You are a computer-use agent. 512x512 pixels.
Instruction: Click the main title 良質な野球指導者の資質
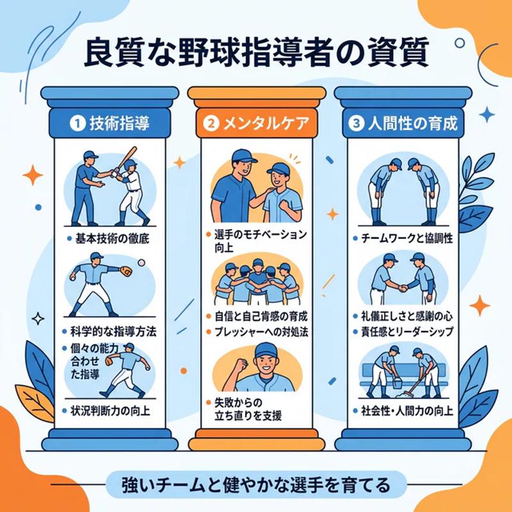tap(256, 55)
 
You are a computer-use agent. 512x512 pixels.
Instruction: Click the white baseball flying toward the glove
tap(141, 262)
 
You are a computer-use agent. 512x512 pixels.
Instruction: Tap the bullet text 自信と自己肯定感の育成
tap(259, 317)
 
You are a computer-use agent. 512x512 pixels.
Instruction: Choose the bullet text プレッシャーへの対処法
tap(259, 332)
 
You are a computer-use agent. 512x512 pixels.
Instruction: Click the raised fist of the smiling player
tap(241, 367)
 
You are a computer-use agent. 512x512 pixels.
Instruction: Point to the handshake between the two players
tap(403, 289)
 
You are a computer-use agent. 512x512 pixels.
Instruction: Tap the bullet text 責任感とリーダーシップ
tap(406, 332)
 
